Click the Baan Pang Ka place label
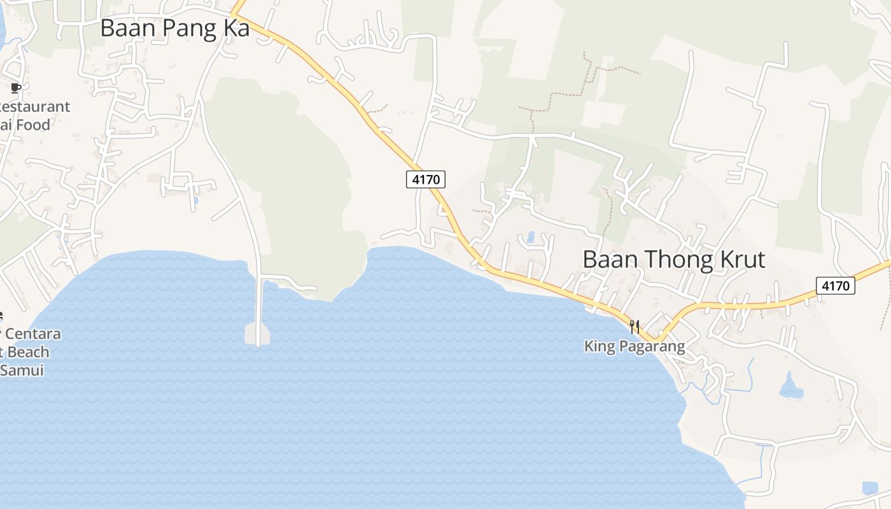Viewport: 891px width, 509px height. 175,29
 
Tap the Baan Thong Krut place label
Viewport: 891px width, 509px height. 674,260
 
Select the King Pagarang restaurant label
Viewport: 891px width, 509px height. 635,346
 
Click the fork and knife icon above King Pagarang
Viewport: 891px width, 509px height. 635,327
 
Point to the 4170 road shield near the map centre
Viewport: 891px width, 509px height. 426,179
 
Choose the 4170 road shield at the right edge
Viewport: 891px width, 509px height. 835,286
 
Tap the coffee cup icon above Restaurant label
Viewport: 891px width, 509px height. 16,88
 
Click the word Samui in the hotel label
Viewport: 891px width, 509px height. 22,370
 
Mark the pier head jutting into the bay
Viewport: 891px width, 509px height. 257,333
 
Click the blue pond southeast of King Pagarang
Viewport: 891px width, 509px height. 790,387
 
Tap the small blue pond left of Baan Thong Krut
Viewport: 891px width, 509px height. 530,237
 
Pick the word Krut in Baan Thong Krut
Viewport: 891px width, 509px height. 738,260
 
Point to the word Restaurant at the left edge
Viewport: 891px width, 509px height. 35,106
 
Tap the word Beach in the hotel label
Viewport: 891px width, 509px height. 29,352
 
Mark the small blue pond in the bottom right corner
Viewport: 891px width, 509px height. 869,488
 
